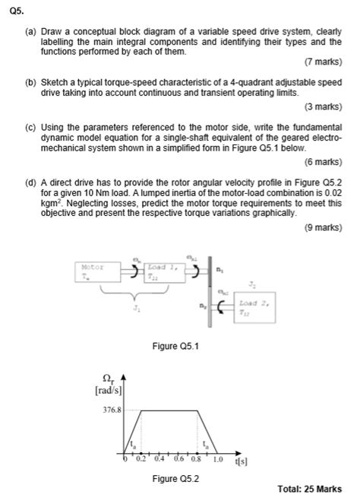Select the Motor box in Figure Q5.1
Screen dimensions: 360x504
[x=92, y=271]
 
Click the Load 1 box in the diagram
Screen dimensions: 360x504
[x=160, y=271]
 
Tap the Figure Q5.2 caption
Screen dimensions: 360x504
[x=175, y=479]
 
